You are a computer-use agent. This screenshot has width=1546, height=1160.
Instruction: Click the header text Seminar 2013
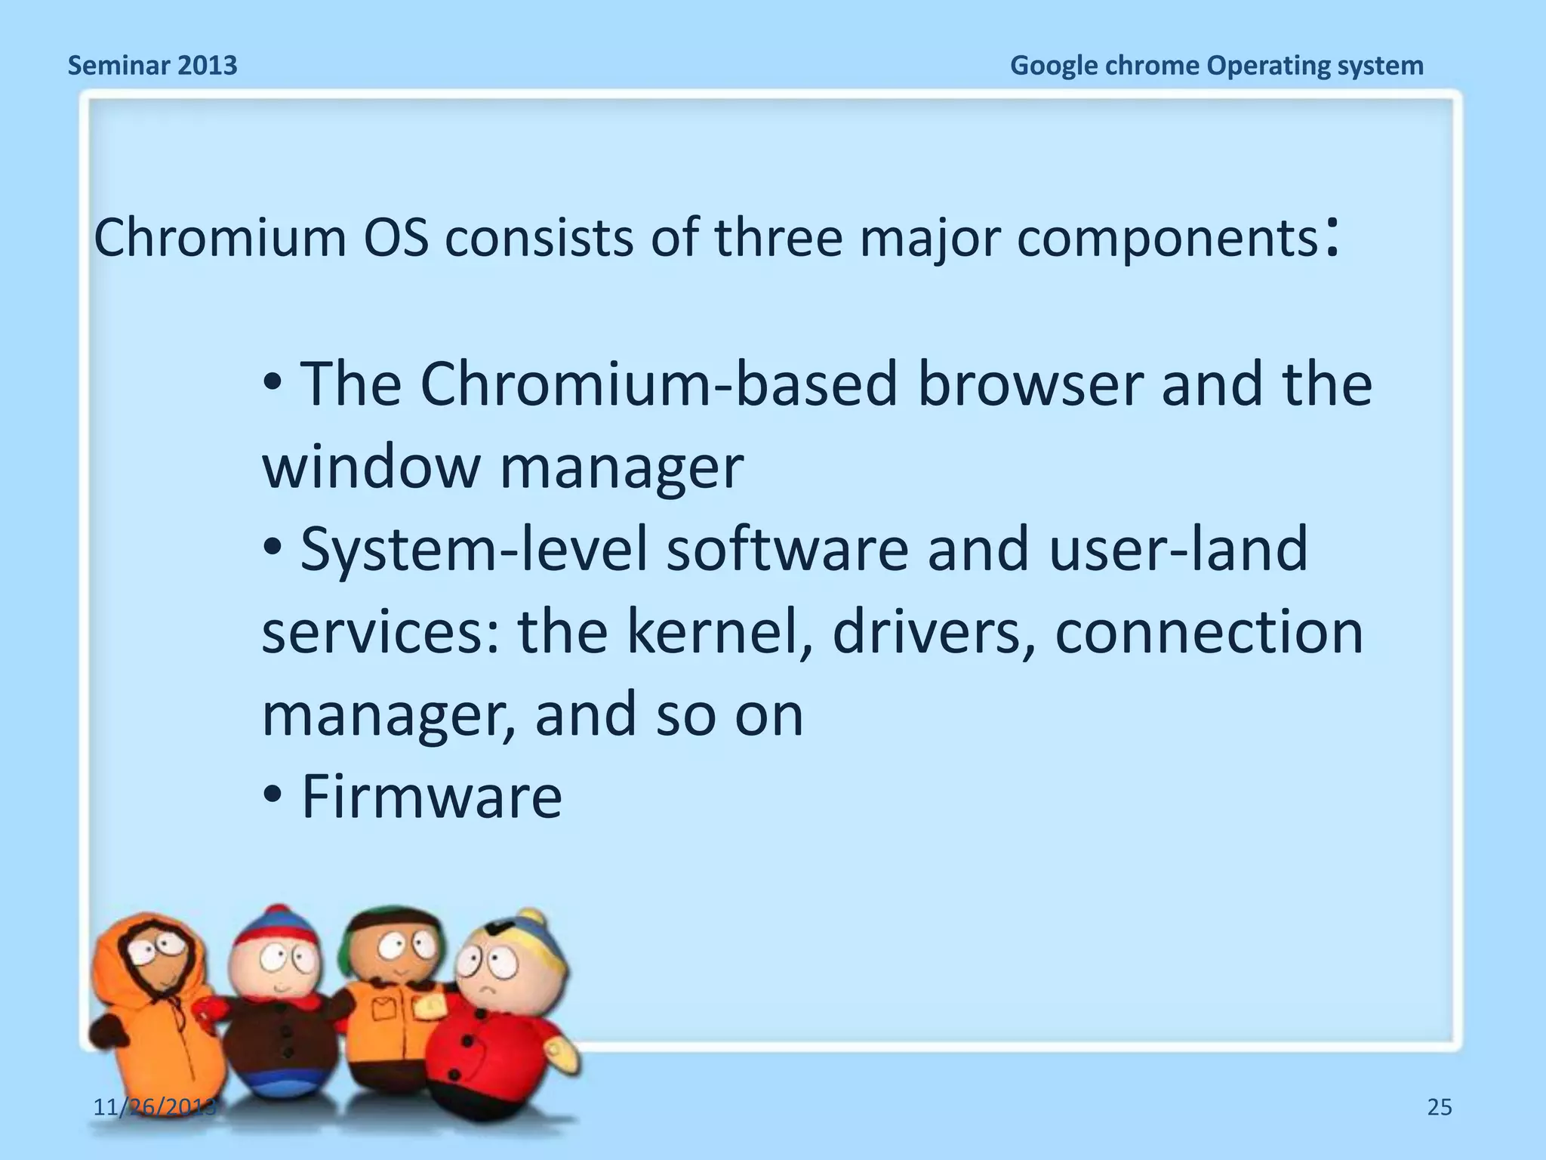tap(152, 66)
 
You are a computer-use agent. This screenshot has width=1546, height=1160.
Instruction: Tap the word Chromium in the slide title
tap(220, 237)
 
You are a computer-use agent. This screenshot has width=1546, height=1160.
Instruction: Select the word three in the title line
tap(778, 237)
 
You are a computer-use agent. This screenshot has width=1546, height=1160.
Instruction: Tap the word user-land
tap(1178, 549)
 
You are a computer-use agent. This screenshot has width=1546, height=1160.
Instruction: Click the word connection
tap(1209, 632)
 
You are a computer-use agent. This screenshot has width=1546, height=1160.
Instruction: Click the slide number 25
tap(1440, 1107)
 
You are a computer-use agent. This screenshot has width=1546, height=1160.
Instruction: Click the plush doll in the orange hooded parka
tap(151, 997)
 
